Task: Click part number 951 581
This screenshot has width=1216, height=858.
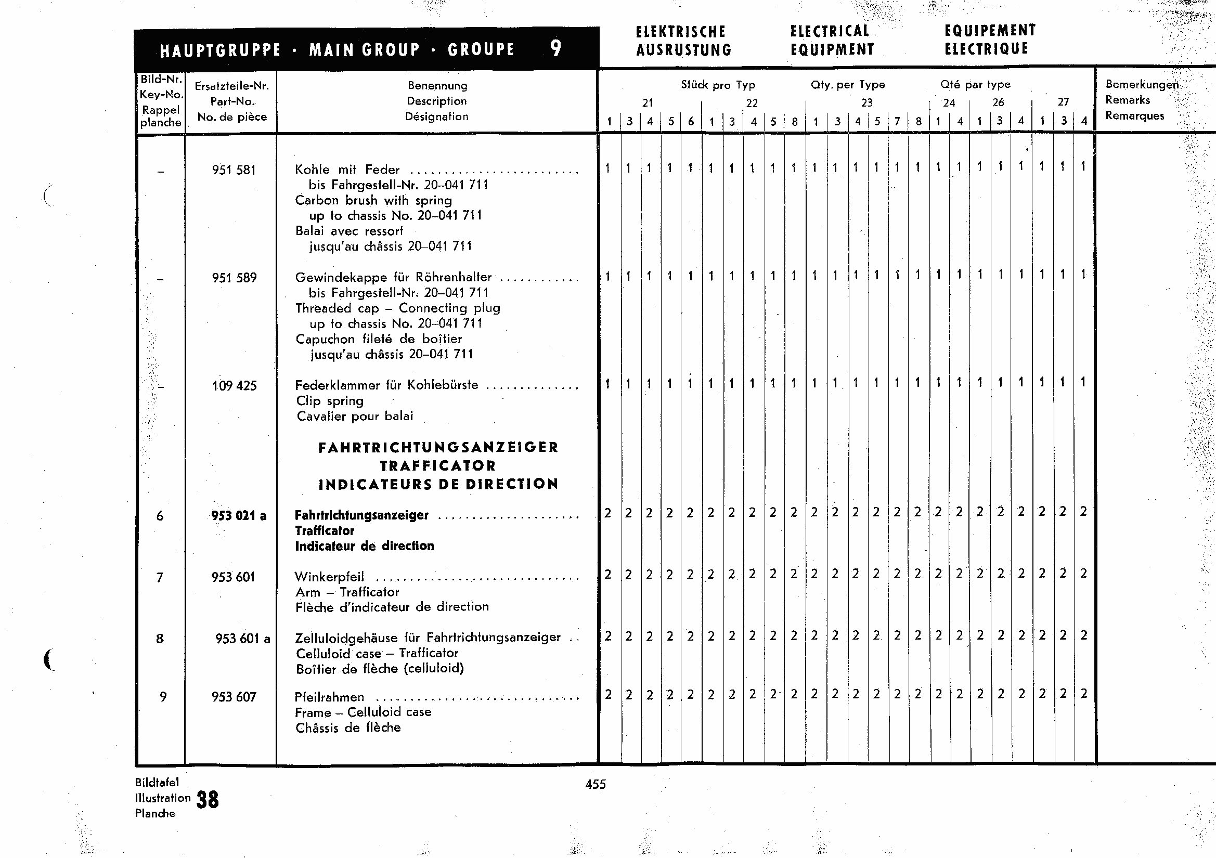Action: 234,170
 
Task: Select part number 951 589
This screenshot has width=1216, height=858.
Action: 234,278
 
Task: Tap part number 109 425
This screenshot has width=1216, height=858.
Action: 234,386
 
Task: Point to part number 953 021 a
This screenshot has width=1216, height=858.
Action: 238,516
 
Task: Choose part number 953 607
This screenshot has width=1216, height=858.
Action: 234,697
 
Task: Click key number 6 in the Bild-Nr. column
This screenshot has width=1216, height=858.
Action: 160,516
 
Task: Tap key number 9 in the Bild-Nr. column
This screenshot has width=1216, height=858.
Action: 163,697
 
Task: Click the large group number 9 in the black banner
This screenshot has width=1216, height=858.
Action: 555,49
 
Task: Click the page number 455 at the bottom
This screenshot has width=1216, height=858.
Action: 596,784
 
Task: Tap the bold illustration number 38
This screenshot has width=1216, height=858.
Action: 208,800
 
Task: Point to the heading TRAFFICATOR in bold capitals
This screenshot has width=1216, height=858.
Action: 438,466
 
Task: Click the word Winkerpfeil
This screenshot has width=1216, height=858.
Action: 329,577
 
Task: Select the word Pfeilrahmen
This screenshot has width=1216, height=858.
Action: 329,697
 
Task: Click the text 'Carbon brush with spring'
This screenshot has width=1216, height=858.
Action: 373,201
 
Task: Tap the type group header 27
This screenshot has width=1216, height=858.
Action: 1063,102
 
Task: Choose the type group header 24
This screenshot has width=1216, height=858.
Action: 949,103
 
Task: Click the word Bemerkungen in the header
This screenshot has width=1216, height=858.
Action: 1142,85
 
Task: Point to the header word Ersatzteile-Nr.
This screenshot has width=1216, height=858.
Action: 232,86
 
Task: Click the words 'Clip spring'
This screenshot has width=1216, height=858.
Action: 330,401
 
